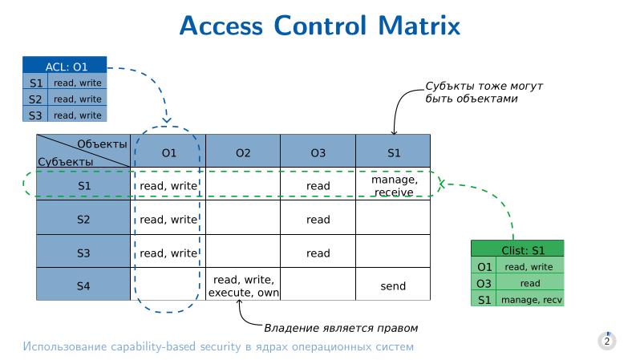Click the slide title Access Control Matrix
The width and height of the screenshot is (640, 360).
(320, 26)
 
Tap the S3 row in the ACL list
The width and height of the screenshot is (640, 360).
(65, 115)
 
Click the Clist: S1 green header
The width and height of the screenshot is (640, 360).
(517, 249)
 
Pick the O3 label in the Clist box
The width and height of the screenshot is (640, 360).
(484, 283)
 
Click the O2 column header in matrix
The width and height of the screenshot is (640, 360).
(243, 152)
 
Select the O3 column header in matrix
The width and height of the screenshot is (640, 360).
(318, 152)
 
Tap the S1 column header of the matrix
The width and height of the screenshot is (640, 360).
(393, 152)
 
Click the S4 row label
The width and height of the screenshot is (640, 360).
(83, 286)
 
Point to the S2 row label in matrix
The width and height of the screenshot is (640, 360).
(83, 219)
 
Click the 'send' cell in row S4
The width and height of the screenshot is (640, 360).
(393, 286)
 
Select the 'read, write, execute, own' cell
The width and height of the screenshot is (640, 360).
(243, 286)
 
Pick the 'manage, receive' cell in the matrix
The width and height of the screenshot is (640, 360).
(393, 186)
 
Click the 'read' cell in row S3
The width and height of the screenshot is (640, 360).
(318, 253)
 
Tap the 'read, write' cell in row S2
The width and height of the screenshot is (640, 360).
(168, 219)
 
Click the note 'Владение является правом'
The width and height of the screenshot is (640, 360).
(341, 328)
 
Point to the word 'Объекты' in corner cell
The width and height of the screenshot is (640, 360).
(102, 144)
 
